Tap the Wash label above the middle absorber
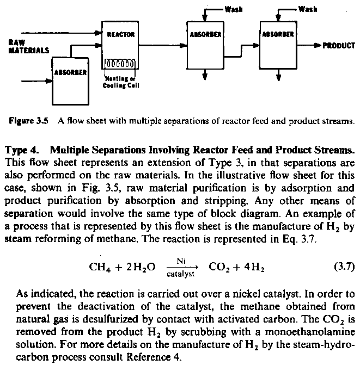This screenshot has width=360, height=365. click(233, 10)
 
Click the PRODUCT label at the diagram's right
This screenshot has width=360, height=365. click(339, 46)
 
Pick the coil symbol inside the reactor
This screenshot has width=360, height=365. click(118, 63)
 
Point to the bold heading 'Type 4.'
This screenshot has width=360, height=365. click(21, 150)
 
